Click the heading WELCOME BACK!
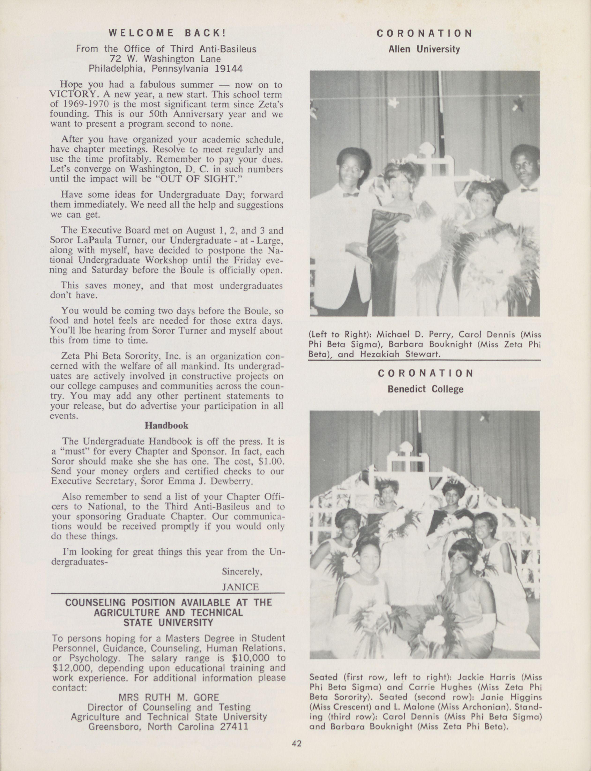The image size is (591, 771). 167,33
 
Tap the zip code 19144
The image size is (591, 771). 228,69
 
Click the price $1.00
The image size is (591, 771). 270,461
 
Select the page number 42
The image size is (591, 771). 297,743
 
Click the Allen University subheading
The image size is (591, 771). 424,49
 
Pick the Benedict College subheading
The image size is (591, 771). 425,389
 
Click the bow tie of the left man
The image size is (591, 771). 351,195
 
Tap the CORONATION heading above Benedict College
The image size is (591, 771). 425,373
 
